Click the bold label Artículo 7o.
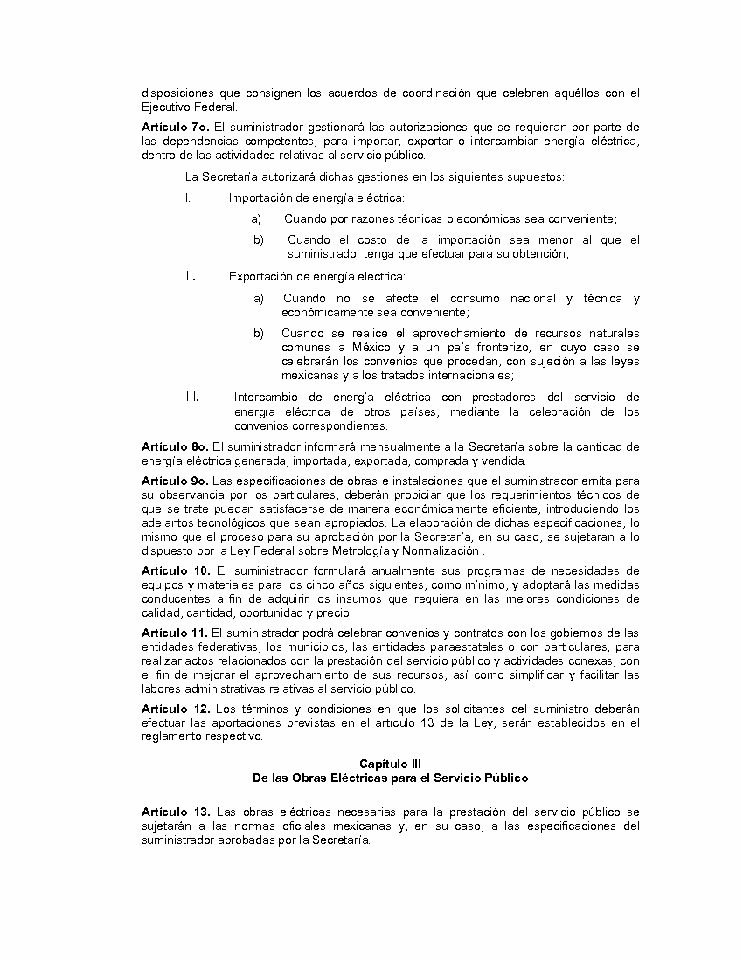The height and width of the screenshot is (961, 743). coord(171,128)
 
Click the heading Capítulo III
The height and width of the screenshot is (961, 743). coord(390,763)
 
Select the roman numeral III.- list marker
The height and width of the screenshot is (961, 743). coord(195,398)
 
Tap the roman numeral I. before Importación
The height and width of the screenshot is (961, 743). coord(188,198)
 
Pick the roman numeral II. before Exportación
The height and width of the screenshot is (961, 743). coord(190,276)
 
